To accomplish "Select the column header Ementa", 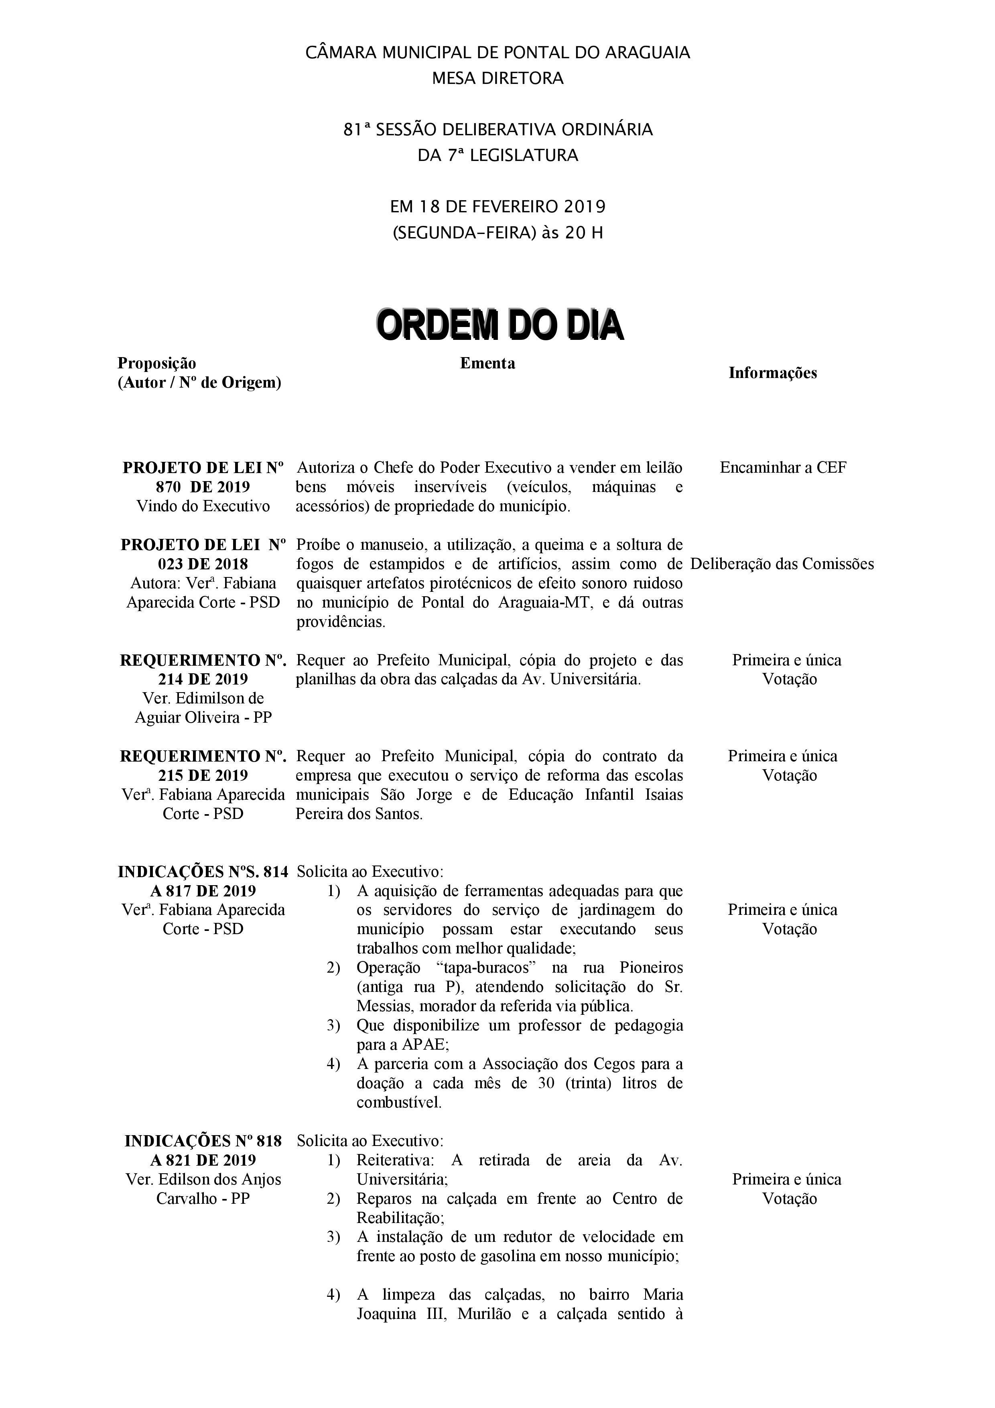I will coord(487,364).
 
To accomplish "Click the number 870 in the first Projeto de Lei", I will coord(169,488).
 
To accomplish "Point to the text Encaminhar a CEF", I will coord(783,468).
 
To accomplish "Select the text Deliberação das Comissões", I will coord(782,564).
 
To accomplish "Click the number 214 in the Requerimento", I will coord(169,679).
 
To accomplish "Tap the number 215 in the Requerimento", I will coord(169,776).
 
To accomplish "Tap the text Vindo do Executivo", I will coord(203,506).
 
